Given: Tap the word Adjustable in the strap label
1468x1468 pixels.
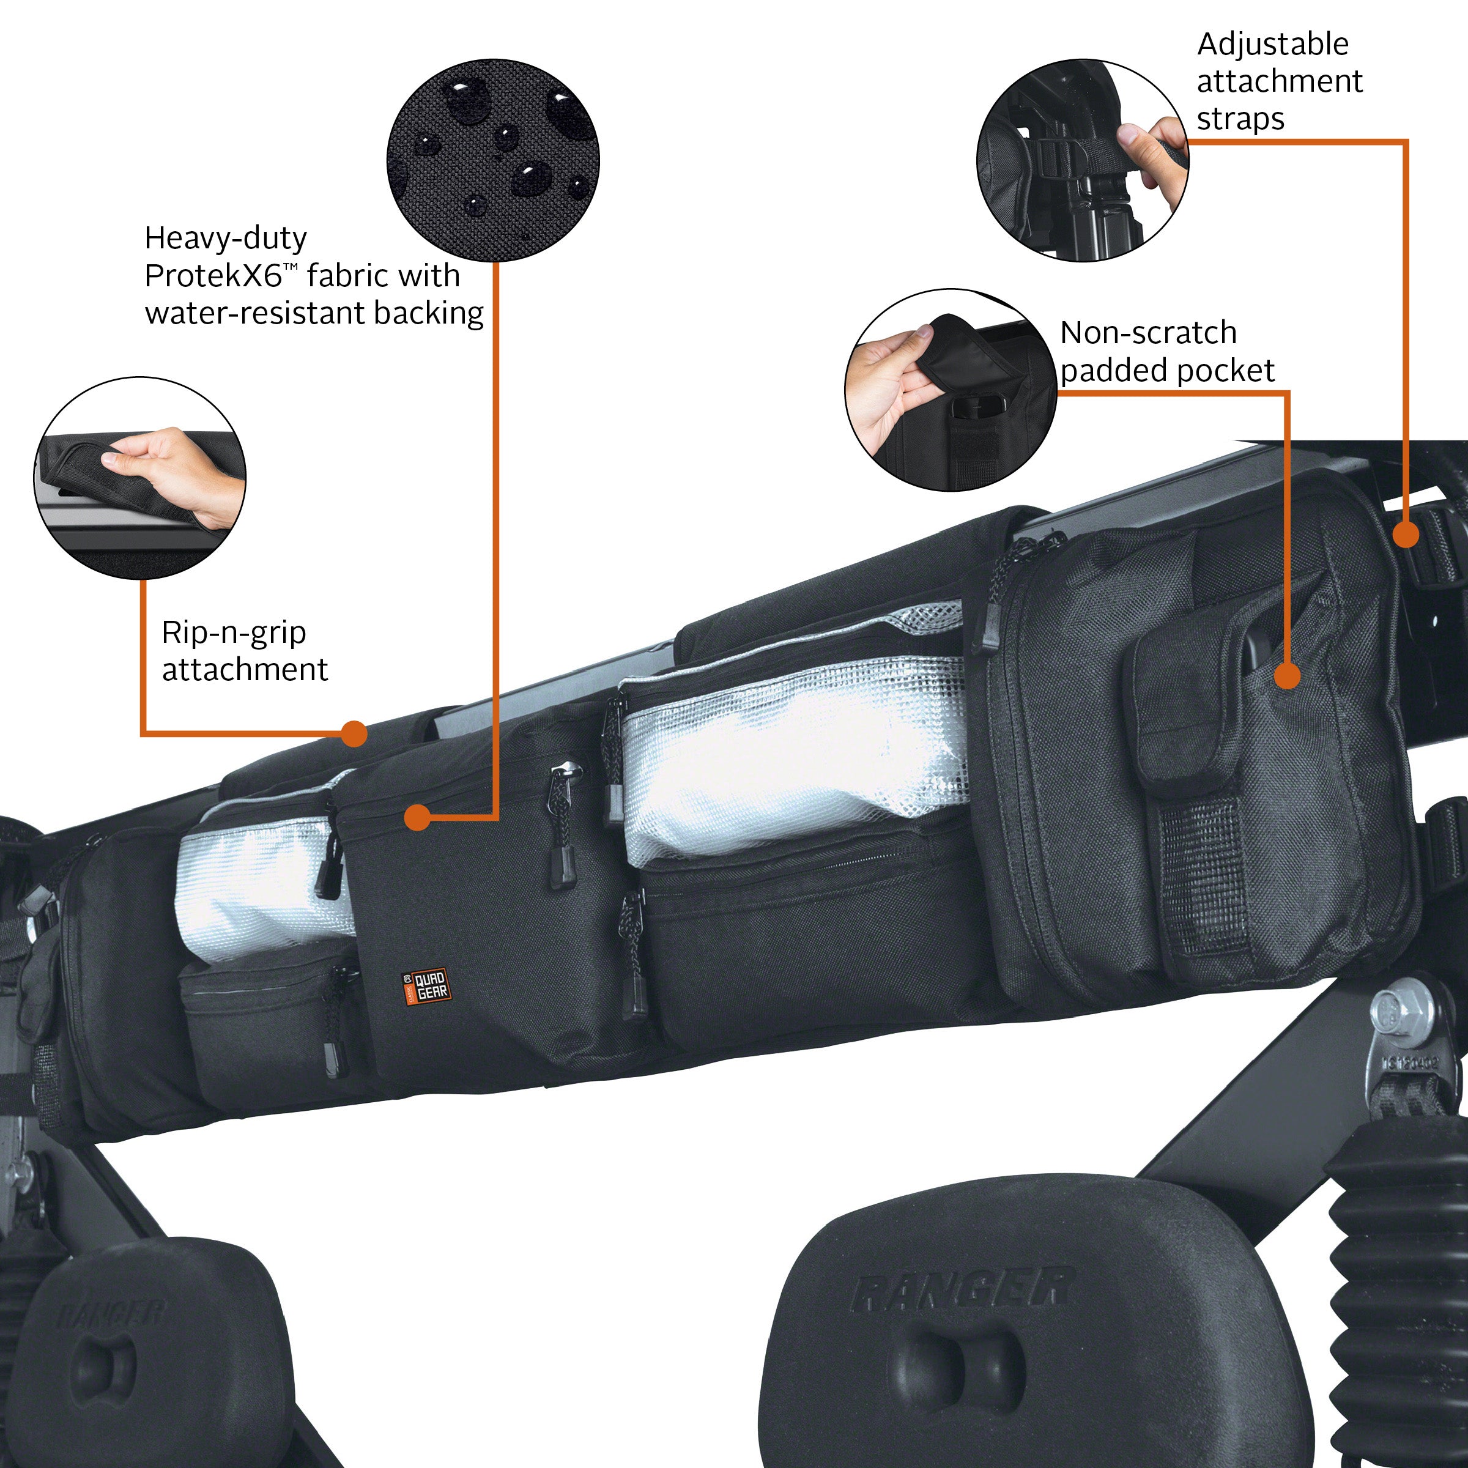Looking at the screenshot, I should pyautogui.click(x=1273, y=45).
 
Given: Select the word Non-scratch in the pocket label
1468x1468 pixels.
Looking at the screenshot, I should pyautogui.click(x=1148, y=333).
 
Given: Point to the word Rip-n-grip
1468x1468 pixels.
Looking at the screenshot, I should pyautogui.click(x=234, y=632).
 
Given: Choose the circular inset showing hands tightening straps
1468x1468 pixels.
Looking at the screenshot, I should pyautogui.click(x=1082, y=161).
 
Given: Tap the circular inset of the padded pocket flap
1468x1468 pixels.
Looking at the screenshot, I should pyautogui.click(x=951, y=389).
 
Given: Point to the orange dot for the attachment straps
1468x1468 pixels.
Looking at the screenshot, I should pyautogui.click(x=1406, y=534).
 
